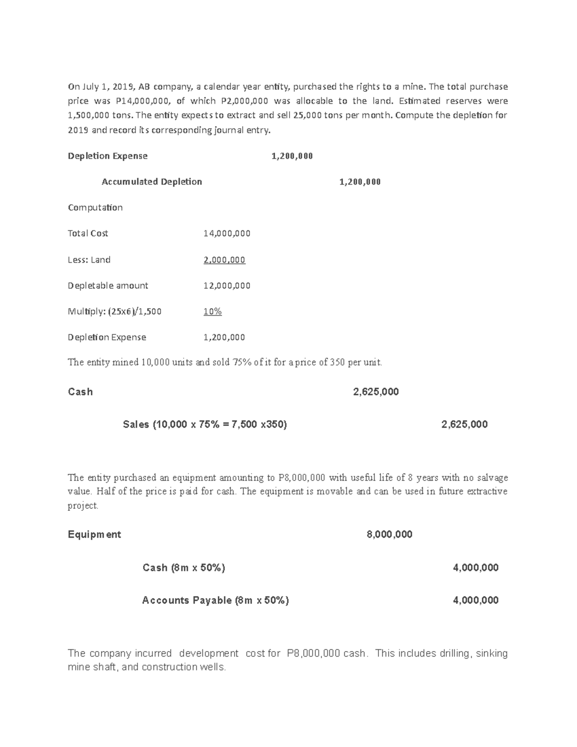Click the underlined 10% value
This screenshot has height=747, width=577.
tap(213, 312)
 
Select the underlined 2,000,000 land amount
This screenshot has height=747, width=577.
tap(224, 260)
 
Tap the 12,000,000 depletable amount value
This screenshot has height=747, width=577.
tap(226, 286)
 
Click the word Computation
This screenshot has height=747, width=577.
tap(95, 207)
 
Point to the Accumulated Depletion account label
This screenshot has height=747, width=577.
tap(151, 182)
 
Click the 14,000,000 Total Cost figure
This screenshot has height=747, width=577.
tap(226, 233)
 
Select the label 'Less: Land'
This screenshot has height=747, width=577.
tap(89, 260)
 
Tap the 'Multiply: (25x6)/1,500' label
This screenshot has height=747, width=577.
tap(114, 312)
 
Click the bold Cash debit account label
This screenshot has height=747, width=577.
tap(80, 392)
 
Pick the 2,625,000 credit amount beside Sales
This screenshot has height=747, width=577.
tap(464, 424)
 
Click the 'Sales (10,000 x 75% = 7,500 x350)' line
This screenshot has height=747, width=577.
tap(205, 424)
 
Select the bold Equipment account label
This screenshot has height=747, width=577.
tap(94, 535)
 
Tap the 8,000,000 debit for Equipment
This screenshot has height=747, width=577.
tap(389, 535)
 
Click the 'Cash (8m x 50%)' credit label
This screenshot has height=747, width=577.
tap(184, 568)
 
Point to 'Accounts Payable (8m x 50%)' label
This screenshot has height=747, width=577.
tap(215, 600)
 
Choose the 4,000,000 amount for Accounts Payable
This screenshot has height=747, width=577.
tap(476, 600)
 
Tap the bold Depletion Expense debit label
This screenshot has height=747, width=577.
tap(108, 156)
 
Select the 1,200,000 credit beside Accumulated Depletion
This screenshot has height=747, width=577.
tap(360, 182)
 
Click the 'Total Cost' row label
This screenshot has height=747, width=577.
tap(88, 233)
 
